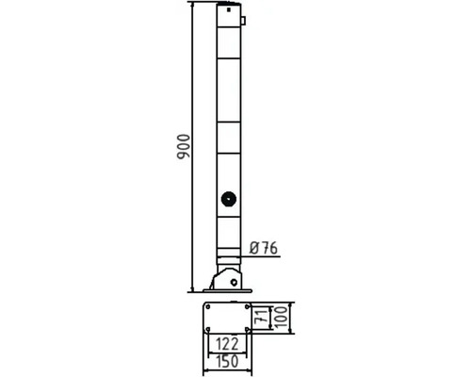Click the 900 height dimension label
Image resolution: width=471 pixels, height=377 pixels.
(184, 146)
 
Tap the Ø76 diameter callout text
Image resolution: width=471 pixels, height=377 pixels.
(264, 249)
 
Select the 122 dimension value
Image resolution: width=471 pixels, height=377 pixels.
(227, 344)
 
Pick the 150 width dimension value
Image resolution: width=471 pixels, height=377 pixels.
(227, 362)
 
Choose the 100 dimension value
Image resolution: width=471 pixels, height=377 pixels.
(281, 318)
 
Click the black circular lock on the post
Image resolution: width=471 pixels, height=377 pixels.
(229, 199)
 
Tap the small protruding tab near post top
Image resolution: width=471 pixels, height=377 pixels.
(243, 21)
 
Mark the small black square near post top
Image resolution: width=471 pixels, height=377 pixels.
(229, 9)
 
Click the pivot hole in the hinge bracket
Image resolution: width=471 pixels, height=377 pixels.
(234, 282)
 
